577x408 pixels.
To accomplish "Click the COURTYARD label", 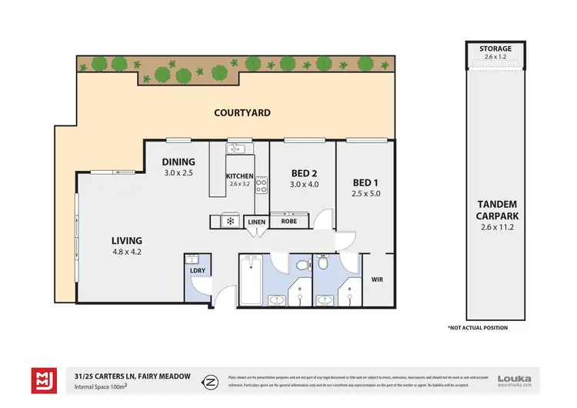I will tap(242, 113).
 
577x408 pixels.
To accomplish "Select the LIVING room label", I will tap(126, 239).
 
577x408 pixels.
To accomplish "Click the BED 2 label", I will tap(302, 172).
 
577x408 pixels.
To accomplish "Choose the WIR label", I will tap(377, 279).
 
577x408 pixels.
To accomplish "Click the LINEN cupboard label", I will tap(256, 222).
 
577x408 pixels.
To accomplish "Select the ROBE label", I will tap(289, 222).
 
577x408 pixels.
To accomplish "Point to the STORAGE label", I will tap(495, 48).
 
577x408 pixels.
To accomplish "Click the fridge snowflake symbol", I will tap(228, 222).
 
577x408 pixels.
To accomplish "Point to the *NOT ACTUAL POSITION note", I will tap(479, 328).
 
